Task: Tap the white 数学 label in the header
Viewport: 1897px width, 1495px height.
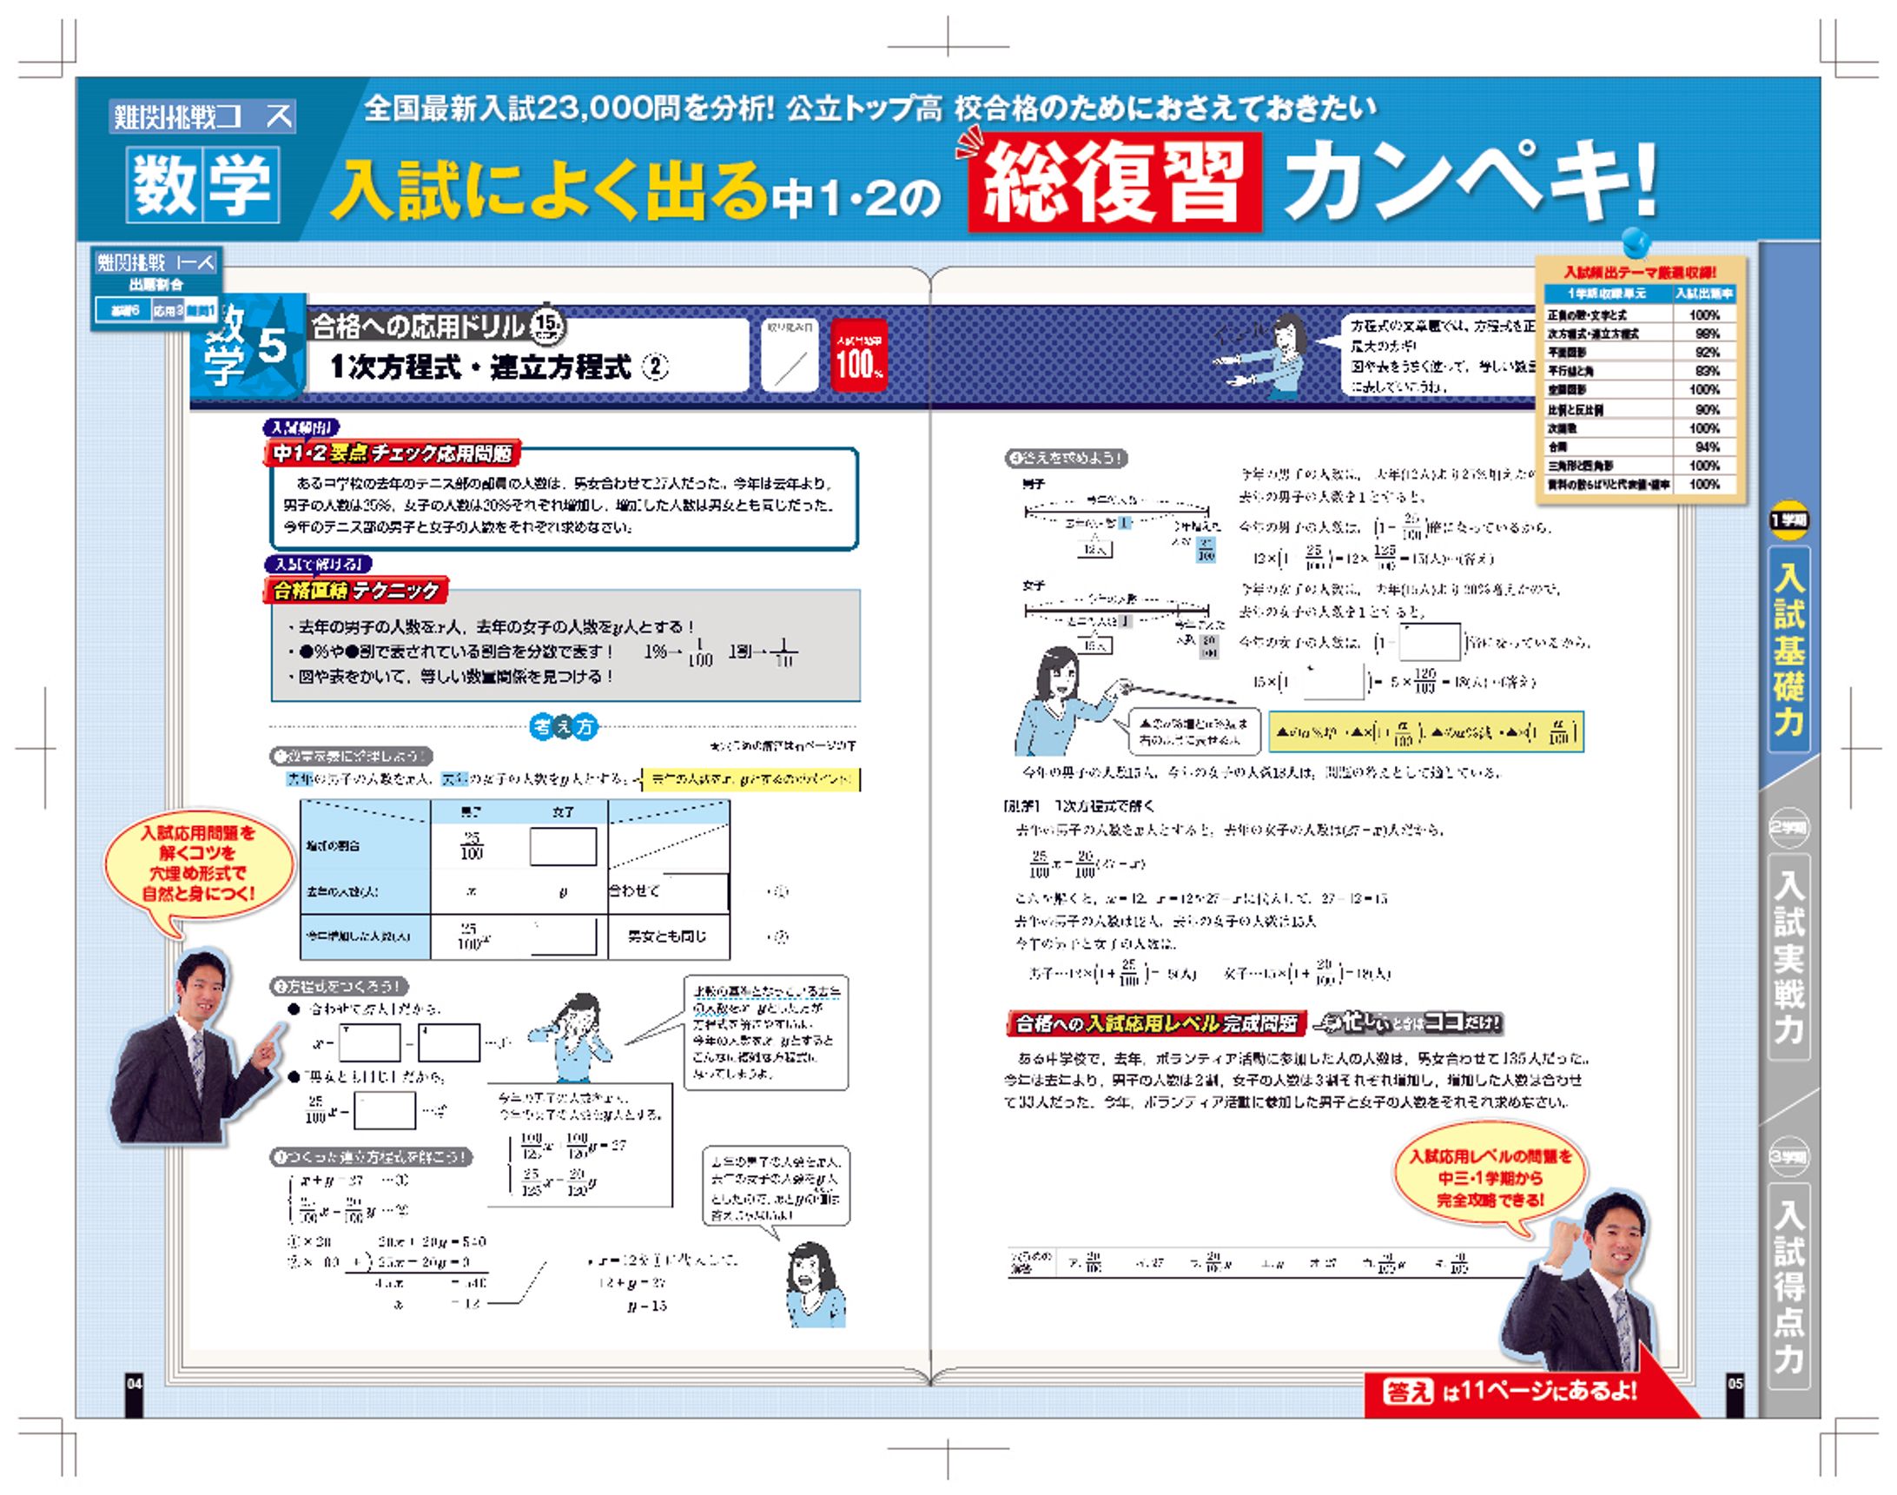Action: pyautogui.click(x=203, y=185)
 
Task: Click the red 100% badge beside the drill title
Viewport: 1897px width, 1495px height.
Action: pyautogui.click(x=858, y=354)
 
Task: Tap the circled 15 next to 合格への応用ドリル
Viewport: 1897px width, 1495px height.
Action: pyautogui.click(x=548, y=326)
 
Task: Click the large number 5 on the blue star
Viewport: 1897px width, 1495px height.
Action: pyautogui.click(x=272, y=346)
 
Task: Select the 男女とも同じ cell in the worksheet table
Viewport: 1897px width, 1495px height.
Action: pyautogui.click(x=667, y=936)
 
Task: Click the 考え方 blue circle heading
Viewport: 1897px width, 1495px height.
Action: pyautogui.click(x=565, y=725)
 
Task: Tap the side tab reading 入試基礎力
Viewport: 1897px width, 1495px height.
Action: pyautogui.click(x=1788, y=649)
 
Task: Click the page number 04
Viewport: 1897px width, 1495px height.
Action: pyautogui.click(x=134, y=1384)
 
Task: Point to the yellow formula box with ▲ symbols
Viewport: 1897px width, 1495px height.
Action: pyautogui.click(x=1425, y=732)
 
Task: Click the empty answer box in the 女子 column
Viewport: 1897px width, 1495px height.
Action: pyautogui.click(x=563, y=846)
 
